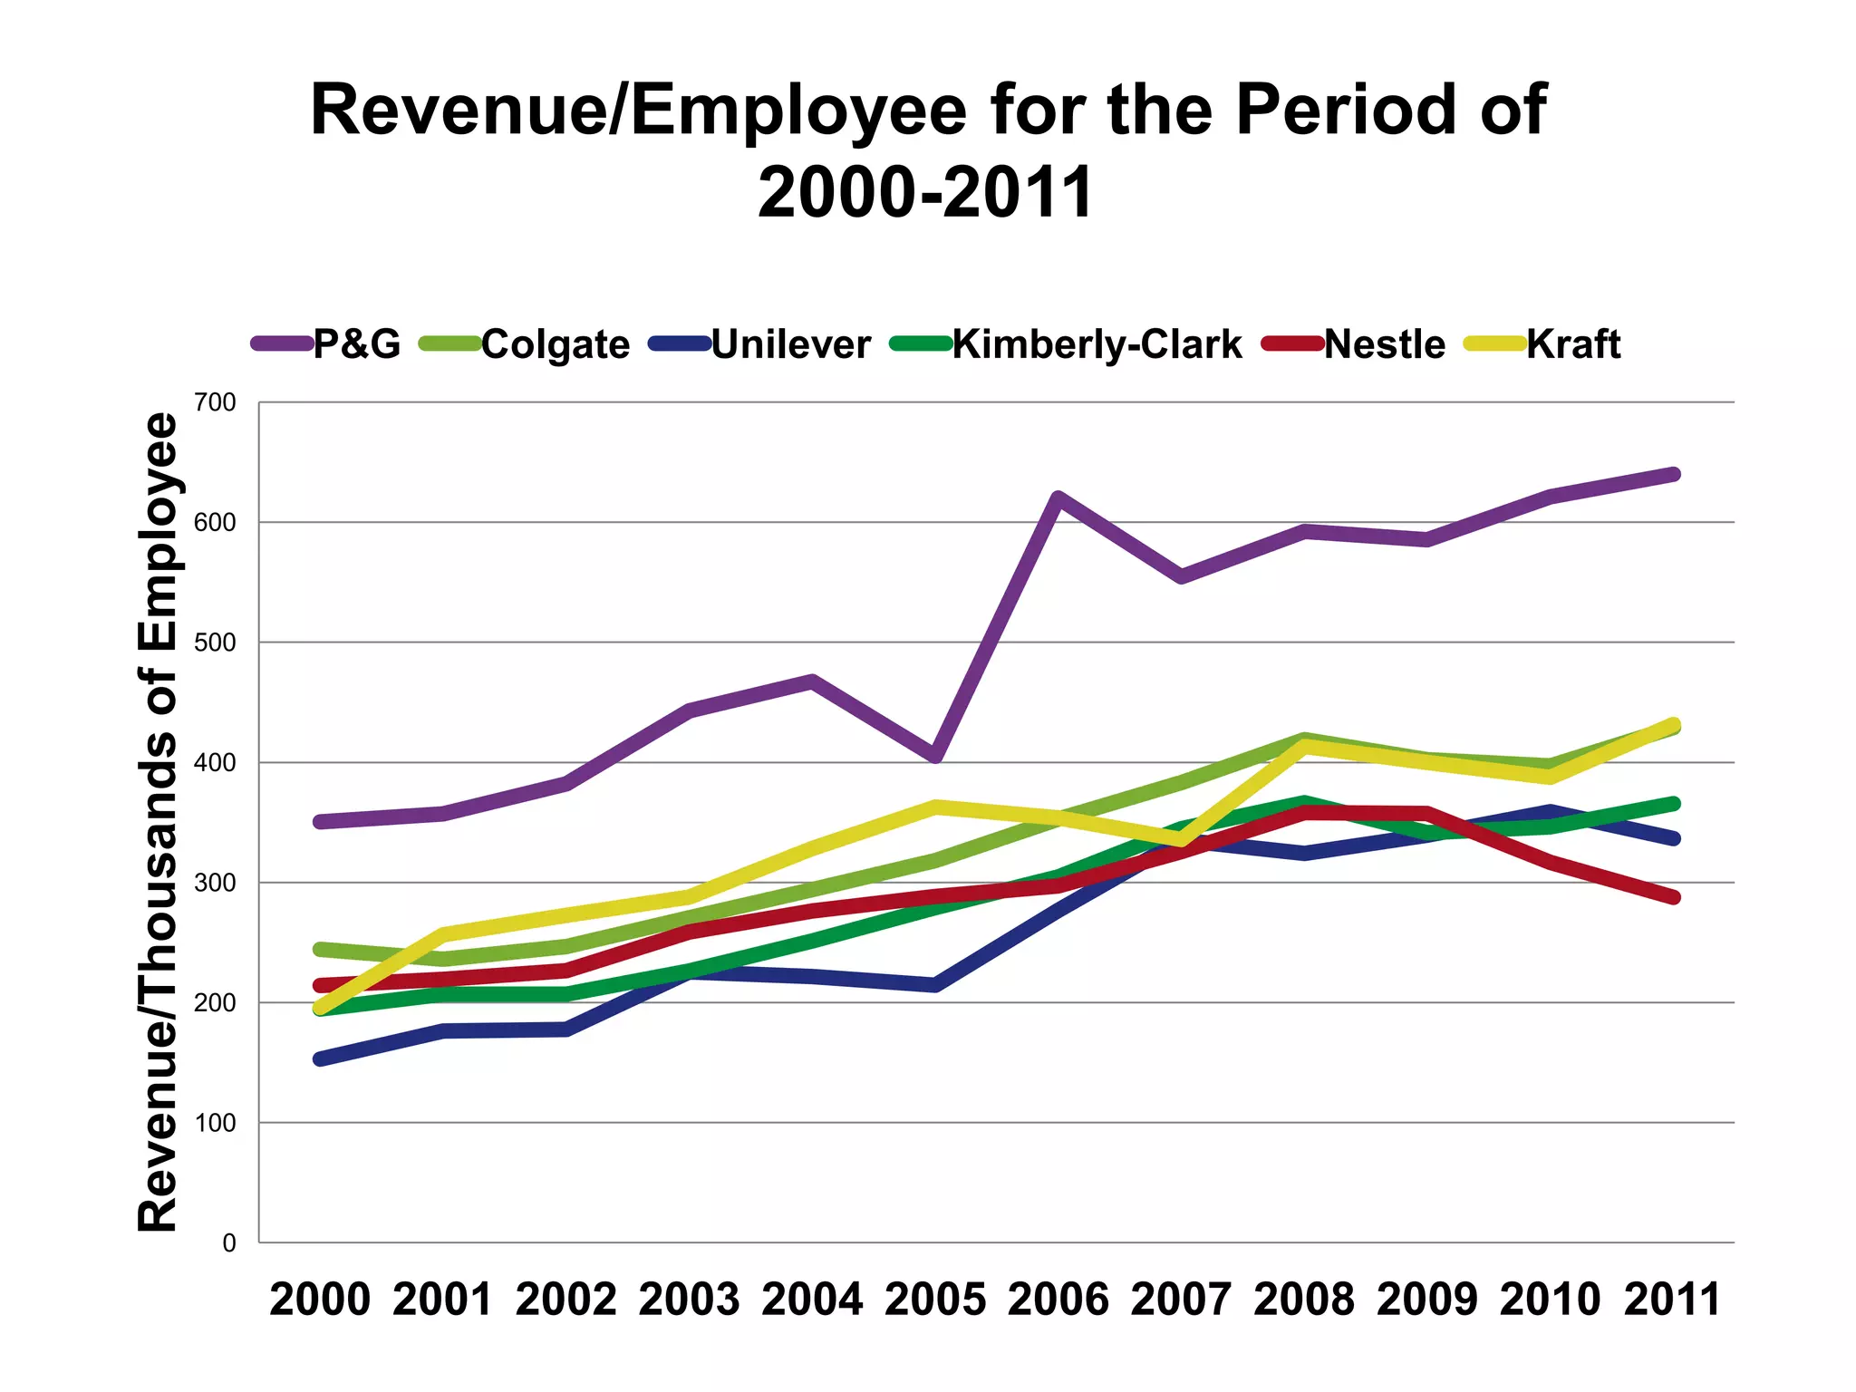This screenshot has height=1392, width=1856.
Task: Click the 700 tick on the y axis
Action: pyautogui.click(x=215, y=402)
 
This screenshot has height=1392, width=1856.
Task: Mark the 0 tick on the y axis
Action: pyautogui.click(x=228, y=1243)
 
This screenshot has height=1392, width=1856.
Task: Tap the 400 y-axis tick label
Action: pyautogui.click(x=215, y=763)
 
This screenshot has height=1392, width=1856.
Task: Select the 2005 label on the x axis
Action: pyautogui.click(x=934, y=1300)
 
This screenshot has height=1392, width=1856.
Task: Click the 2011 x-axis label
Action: pyautogui.click(x=1672, y=1300)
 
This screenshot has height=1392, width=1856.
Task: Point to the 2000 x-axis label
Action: pyautogui.click(x=320, y=1300)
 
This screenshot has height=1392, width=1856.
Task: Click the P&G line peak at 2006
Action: pyautogui.click(x=1058, y=498)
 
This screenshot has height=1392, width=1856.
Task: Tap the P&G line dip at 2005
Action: pyautogui.click(x=935, y=756)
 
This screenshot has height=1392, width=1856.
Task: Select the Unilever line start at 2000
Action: pyautogui.click(x=320, y=1058)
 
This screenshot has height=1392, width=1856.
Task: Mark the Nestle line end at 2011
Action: pyautogui.click(x=1673, y=897)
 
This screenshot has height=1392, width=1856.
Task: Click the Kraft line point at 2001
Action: pyautogui.click(x=443, y=933)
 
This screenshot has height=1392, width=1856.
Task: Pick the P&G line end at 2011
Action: pyautogui.click(x=1673, y=474)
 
